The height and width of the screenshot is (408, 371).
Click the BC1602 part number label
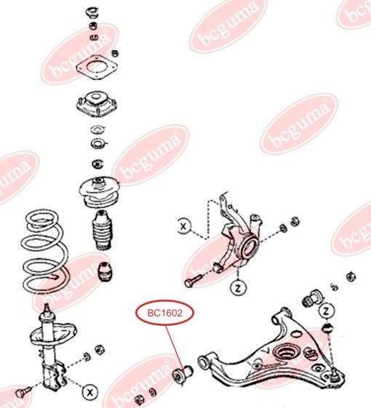(x=165, y=313)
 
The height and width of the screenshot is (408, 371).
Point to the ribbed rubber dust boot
(x=103, y=231)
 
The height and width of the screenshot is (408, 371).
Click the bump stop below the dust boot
(x=105, y=272)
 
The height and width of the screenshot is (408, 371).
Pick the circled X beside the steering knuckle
(x=184, y=226)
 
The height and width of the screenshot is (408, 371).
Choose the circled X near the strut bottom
(x=90, y=392)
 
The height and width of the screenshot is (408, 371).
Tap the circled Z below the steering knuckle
(x=238, y=288)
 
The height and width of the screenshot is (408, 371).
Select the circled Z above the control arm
(x=326, y=311)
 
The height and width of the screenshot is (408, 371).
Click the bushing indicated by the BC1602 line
(x=183, y=375)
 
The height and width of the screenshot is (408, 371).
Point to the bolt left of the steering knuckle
(x=193, y=280)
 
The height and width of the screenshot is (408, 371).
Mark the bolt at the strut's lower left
(x=23, y=392)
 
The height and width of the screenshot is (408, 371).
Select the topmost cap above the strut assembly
(x=92, y=12)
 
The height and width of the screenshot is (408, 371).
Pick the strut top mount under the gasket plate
(x=97, y=103)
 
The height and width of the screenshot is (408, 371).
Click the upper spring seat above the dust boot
(x=99, y=193)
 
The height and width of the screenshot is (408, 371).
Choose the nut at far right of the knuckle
(x=295, y=222)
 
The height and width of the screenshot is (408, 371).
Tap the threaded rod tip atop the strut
(x=47, y=309)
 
